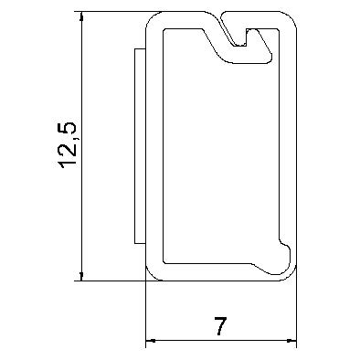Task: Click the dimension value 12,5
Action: pyautogui.click(x=68, y=145)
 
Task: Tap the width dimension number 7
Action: pyautogui.click(x=221, y=326)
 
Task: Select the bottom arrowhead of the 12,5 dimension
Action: pyautogui.click(x=81, y=276)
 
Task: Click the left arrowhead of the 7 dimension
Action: pyautogui.click(x=151, y=340)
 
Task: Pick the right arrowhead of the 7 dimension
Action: pyautogui.click(x=291, y=340)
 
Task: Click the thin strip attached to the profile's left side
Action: pyautogui.click(x=140, y=146)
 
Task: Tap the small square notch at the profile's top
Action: pyautogui.click(x=240, y=37)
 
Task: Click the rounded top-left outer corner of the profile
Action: pyautogui.click(x=152, y=17)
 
